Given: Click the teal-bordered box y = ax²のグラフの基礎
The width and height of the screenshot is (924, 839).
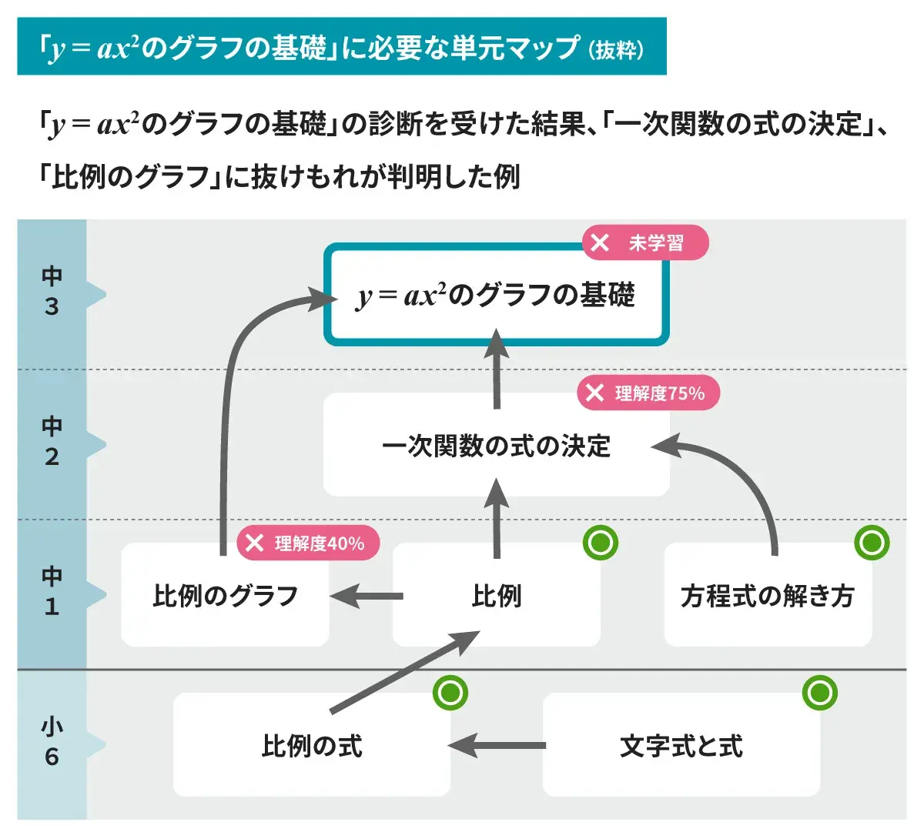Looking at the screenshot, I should [496, 295].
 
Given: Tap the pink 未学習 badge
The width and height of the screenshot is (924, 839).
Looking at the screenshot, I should [644, 243].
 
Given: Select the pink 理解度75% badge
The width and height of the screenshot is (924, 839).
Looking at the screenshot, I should [648, 393].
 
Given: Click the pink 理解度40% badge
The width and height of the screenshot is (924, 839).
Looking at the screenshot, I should [308, 543].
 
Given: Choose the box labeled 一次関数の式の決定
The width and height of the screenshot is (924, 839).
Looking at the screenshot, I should [496, 446].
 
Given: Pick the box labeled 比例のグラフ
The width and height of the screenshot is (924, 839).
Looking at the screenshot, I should [225, 596].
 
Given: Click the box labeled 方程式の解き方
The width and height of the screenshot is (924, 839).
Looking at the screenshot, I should [768, 596].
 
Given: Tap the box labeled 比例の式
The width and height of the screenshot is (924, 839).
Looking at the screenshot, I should [311, 746].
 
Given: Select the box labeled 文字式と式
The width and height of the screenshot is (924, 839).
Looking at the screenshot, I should [681, 746].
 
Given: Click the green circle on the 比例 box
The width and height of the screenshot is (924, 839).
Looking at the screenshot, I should [601, 543].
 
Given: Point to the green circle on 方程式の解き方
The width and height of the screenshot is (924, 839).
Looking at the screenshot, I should [872, 543].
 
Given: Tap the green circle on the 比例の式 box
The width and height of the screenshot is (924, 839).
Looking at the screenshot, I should [450, 693].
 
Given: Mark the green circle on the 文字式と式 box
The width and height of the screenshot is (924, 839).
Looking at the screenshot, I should [819, 693].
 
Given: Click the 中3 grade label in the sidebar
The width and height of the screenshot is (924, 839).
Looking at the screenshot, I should [52, 292].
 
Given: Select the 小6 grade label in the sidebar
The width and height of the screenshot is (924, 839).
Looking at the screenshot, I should [52, 742].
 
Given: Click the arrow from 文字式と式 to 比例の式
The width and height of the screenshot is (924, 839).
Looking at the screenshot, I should [497, 746].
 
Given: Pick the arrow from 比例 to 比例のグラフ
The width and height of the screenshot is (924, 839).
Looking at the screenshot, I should [367, 596].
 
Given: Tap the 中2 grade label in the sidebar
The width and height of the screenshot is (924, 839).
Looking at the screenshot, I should [52, 442].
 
